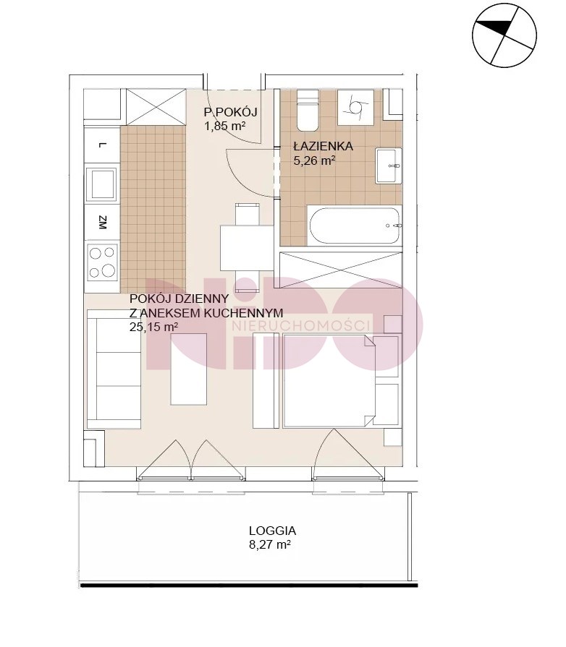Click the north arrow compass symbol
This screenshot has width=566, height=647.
[504, 35]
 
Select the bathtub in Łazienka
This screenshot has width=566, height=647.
[355, 226]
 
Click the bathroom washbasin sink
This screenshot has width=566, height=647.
[389, 166]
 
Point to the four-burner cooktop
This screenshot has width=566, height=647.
[103, 262]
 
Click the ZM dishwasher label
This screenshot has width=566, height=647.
[103, 223]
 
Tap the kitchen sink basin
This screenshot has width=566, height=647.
[103, 184]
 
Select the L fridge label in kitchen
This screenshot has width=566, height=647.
[103, 145]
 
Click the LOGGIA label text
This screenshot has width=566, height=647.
[272, 531]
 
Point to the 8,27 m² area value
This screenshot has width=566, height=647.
[270, 544]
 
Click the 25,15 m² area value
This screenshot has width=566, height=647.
[154, 327]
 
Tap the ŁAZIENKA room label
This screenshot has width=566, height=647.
[323, 146]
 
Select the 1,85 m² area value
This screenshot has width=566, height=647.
[225, 126]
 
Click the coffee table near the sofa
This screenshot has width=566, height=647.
[189, 369]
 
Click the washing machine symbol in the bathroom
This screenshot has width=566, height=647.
[355, 107]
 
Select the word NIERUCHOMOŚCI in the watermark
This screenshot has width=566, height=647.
[301, 326]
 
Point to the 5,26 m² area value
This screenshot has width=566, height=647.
[314, 160]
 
